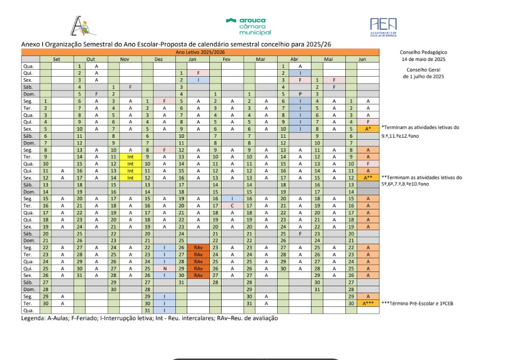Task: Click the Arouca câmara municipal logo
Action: pos(248,26)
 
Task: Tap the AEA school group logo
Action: pos(383,26)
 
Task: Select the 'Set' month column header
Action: pos(57,59)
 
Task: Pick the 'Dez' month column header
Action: pos(158,59)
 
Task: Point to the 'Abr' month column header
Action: pos(294,59)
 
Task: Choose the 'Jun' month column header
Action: pos(362,59)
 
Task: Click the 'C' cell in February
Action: pos(232,205)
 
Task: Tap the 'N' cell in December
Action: pos(164,269)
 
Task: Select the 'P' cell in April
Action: pos(300,93)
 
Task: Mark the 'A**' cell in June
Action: pos(368,178)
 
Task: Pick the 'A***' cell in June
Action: pos(368,303)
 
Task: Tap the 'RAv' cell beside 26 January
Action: pos(198,247)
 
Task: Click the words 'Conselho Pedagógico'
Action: pos(424,52)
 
